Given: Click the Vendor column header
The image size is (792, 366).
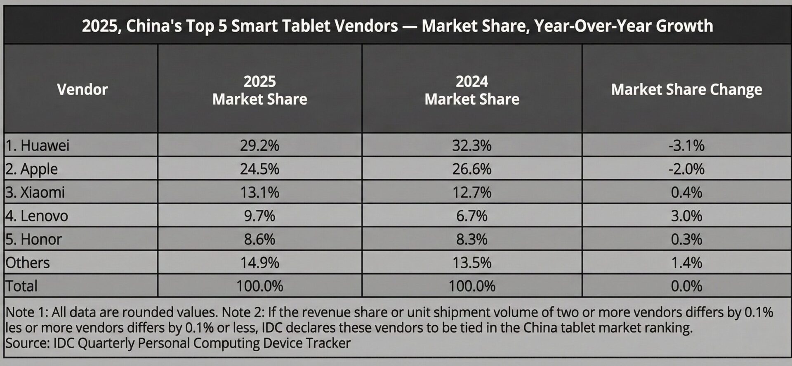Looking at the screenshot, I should [82, 89].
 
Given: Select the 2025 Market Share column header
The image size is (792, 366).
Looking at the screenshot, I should [259, 90].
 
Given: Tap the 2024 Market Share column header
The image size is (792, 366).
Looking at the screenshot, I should [471, 90].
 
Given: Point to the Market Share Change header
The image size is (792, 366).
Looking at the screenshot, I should [686, 89].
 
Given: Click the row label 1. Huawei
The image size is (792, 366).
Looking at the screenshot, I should [38, 145].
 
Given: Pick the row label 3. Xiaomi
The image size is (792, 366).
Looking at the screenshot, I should [35, 192].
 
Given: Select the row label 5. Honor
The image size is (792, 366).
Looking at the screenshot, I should [34, 239].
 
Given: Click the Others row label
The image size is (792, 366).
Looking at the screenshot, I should [28, 263].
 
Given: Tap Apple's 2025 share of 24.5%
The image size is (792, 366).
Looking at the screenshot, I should [259, 169].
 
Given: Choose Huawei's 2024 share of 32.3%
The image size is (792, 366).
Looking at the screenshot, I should [471, 145].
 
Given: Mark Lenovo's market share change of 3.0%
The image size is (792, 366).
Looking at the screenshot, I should [686, 216].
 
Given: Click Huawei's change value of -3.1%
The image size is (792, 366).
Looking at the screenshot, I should [686, 145].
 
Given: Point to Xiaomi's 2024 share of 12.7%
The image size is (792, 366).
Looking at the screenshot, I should [471, 192].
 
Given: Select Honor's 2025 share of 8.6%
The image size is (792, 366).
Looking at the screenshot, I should [259, 239].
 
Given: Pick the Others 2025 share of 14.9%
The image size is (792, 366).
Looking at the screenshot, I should [259, 263].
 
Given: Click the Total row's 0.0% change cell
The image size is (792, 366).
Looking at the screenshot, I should [686, 286].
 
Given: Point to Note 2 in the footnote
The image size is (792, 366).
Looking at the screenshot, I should [243, 312].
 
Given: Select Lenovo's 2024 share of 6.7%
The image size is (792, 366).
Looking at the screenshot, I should [471, 216].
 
